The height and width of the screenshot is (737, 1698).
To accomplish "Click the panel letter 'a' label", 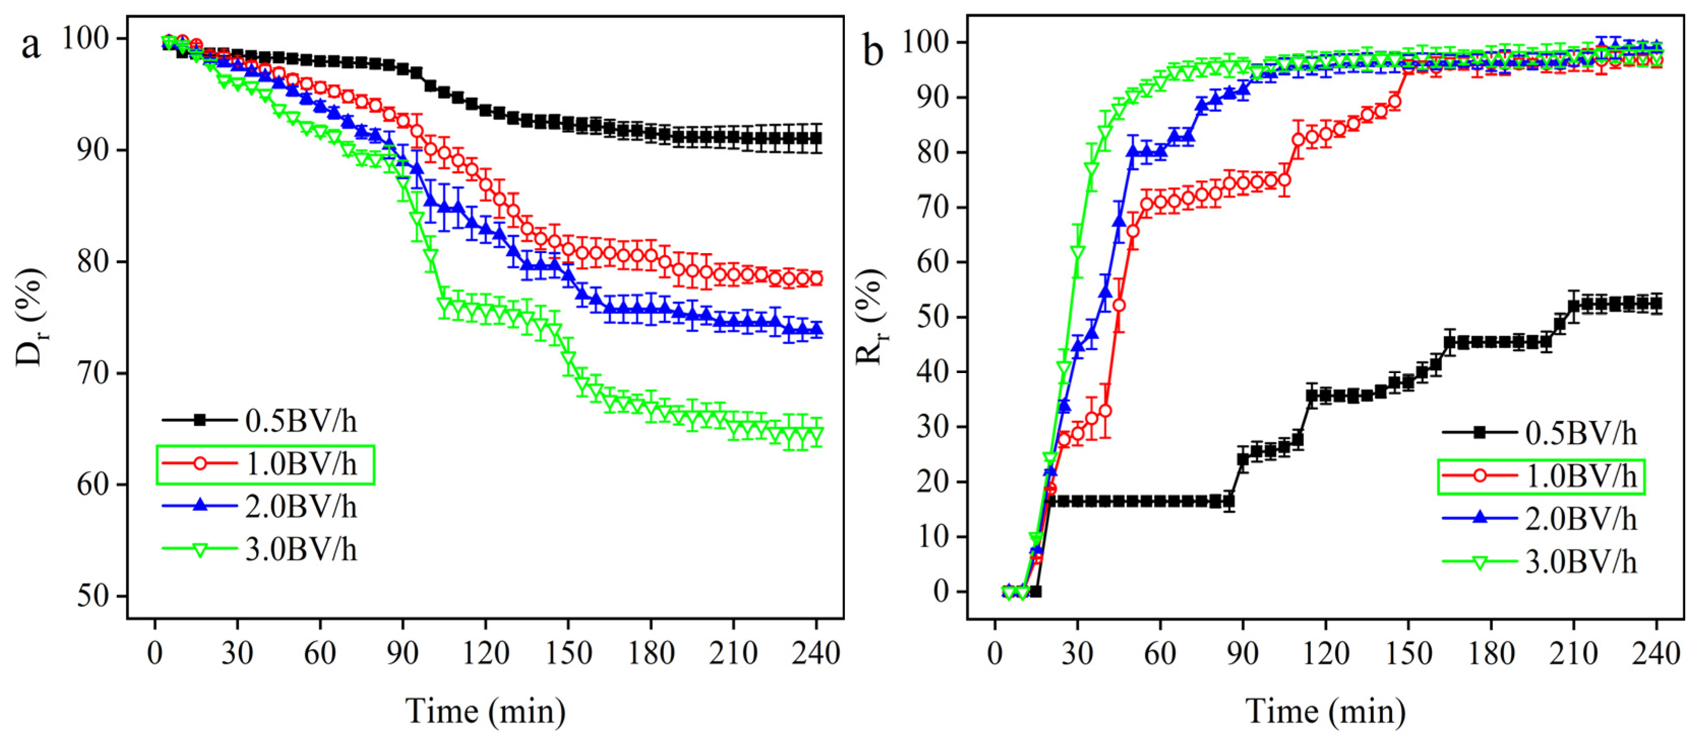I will tap(31, 45).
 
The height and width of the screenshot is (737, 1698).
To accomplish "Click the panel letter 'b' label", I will tap(873, 50).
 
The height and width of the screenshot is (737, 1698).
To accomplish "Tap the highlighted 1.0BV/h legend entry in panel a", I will tap(266, 465).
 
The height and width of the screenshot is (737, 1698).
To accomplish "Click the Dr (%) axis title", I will tap(31, 317).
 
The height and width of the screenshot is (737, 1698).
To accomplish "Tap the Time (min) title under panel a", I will tap(486, 711).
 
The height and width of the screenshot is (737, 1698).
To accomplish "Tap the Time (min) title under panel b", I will tap(1326, 711).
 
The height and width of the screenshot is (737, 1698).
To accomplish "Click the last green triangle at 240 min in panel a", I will tap(816, 435).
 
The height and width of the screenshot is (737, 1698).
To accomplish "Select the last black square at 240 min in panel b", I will tap(1656, 304).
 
